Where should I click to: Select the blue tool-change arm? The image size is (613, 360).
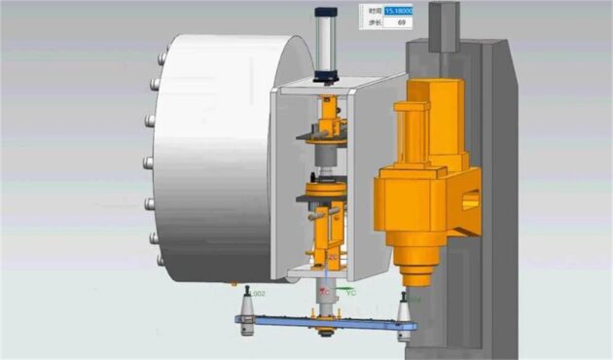pos(321,322)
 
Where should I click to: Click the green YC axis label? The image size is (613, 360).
pos(351,292)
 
